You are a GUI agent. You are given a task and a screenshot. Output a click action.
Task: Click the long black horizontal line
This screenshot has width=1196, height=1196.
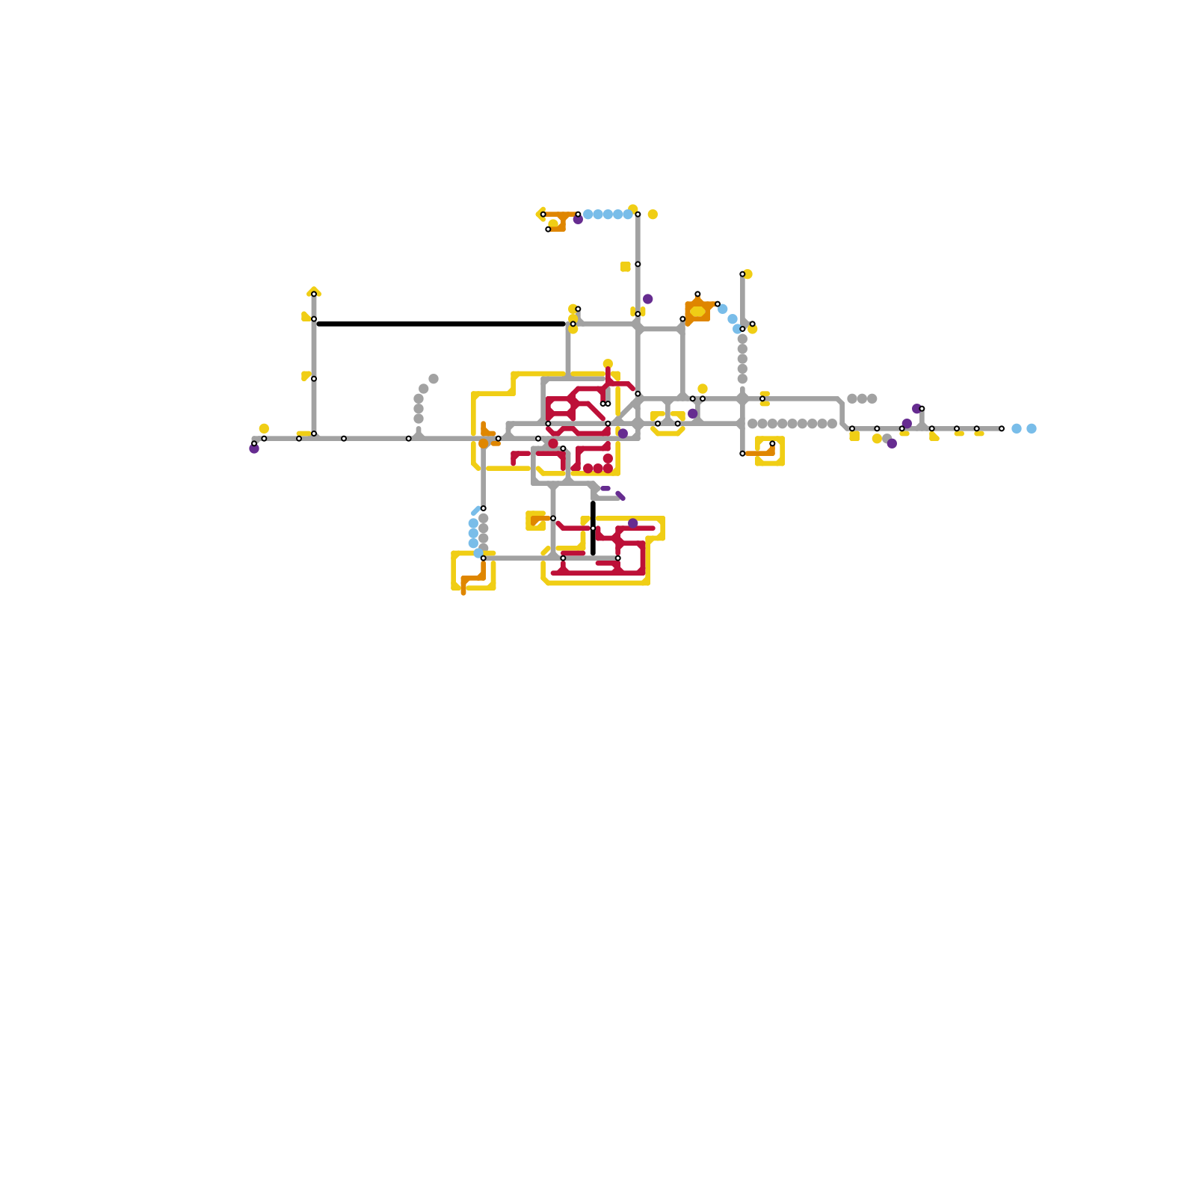[x=441, y=324]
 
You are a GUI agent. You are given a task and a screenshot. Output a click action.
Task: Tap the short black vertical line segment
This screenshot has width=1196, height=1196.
[x=593, y=528]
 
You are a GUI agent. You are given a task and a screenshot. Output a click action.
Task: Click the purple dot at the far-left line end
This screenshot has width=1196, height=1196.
[x=254, y=449]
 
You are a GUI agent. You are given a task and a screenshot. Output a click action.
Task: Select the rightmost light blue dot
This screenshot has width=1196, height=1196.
[x=1032, y=428]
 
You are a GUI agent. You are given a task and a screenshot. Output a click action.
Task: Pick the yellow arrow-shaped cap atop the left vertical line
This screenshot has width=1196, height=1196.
[x=314, y=291]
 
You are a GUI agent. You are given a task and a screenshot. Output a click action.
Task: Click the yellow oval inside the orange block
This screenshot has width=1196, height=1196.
[x=697, y=311]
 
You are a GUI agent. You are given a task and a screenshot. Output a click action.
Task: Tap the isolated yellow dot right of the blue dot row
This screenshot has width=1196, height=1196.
[x=653, y=215]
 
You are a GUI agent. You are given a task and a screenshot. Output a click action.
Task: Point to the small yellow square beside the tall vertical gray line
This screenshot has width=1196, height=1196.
[x=625, y=267]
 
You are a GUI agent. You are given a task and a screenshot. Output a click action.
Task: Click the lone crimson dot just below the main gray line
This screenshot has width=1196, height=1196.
[x=553, y=443]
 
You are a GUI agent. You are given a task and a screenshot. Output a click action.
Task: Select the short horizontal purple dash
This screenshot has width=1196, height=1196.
[x=605, y=488]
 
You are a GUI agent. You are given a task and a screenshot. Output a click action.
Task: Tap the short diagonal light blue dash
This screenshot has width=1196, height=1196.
[x=475, y=511]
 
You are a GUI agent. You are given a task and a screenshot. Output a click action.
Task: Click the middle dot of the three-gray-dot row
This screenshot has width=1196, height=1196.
[x=862, y=398]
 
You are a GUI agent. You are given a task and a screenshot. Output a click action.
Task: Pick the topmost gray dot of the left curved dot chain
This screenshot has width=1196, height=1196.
[x=434, y=379]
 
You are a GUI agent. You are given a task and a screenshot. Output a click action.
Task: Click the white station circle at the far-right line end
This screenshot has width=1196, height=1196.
[x=1002, y=428]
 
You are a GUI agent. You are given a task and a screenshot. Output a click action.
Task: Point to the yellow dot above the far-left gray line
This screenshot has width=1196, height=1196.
[x=264, y=428]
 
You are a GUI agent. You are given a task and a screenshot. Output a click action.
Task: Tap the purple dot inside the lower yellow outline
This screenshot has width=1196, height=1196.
[x=633, y=523]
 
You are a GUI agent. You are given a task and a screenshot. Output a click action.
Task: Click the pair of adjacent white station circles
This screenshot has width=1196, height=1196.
[x=605, y=404]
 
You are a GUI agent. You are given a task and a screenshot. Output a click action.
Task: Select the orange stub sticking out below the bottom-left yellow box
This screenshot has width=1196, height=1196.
[x=463, y=590]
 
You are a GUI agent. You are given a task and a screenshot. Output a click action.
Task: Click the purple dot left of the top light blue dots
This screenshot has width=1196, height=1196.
[x=578, y=220]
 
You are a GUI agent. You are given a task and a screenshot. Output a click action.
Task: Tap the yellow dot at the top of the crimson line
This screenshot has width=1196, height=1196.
[x=608, y=364]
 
